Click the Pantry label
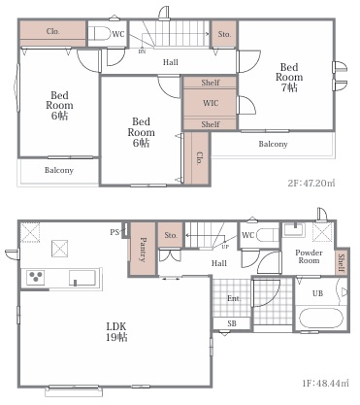[144, 250]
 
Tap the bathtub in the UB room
[320, 319]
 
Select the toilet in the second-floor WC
[99, 33]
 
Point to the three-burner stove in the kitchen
[36, 278]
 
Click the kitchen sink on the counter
[82, 278]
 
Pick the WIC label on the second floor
[211, 103]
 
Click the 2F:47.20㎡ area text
[311, 183]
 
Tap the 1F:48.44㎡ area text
[326, 384]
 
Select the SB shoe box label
[232, 323]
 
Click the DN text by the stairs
[142, 51]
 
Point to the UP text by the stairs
[225, 247]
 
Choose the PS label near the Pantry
[115, 232]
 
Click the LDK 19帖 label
[116, 331]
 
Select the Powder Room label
[309, 256]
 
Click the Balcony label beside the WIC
[273, 144]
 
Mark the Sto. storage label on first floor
[171, 235]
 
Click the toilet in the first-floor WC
[268, 235]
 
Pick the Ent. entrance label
[234, 298]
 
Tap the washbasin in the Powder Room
[294, 229]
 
